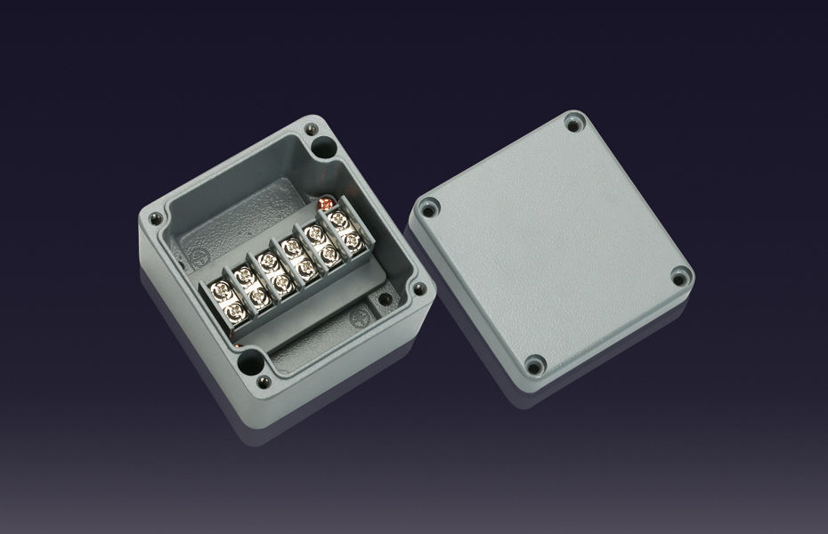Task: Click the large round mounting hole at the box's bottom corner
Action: pyautogui.click(x=251, y=362)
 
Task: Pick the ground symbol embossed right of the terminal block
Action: pyautogui.click(x=359, y=317)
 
